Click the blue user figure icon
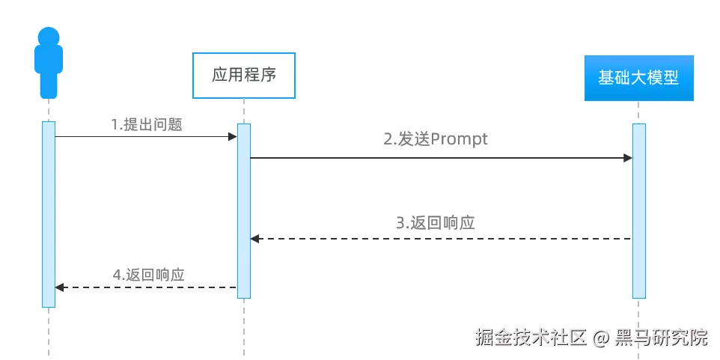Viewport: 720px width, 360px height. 49,64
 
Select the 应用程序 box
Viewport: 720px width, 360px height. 244,75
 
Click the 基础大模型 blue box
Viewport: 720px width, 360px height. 638,78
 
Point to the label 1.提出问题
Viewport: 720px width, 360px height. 147,125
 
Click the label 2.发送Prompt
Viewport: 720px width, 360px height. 436,139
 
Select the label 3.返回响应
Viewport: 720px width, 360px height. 436,223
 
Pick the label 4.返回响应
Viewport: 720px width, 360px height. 148,274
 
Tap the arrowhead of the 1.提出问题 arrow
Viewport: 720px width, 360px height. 233,137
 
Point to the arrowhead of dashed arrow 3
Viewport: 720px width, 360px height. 254,239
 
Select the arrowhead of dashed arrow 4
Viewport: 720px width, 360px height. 60,287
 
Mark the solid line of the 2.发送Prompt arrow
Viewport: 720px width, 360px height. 442,158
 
